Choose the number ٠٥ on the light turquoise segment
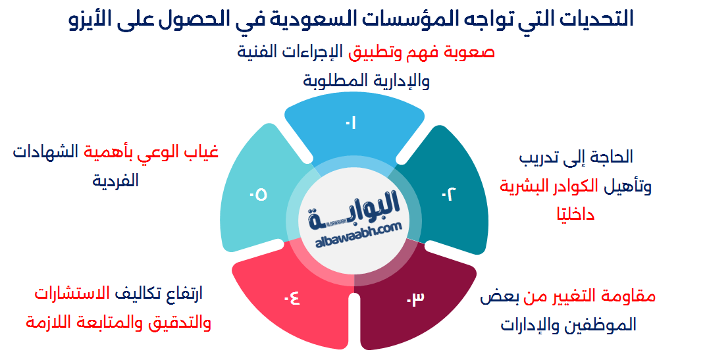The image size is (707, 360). [258, 195]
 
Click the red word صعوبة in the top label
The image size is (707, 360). [473, 52]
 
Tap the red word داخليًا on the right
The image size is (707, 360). [573, 215]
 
